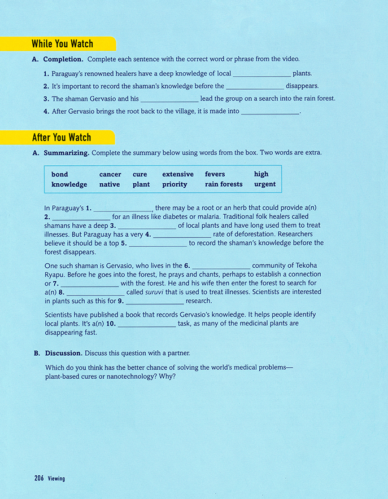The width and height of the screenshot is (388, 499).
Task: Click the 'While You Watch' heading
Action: [x=62, y=44]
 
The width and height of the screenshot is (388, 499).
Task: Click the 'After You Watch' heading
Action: [x=61, y=138]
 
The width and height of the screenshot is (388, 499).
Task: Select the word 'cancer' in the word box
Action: [x=110, y=175]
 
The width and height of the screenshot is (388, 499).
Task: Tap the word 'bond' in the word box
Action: [x=59, y=175]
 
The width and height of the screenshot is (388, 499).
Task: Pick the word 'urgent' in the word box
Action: [x=265, y=184]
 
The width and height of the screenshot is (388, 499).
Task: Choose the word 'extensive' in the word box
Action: [x=178, y=175]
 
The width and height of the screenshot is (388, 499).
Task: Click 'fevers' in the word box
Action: [x=215, y=175]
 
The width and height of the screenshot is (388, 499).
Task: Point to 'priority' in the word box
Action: [x=175, y=184]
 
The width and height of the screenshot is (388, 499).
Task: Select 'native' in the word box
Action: [x=110, y=184]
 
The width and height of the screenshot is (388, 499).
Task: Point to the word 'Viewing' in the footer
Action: [x=56, y=479]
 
